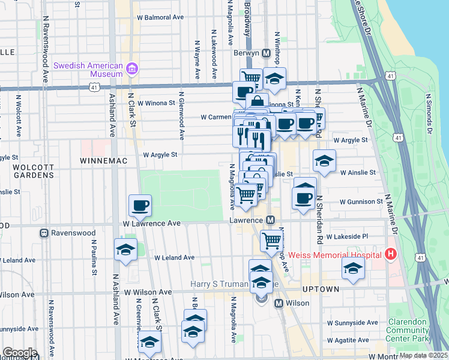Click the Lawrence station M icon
pos(271,221)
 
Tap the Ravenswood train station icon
pos(44,233)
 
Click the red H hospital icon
pos(391,254)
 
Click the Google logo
pos(20,353)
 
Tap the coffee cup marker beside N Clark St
pos(140,205)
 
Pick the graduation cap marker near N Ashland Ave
pos(125,250)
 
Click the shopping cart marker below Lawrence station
pos(271,241)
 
